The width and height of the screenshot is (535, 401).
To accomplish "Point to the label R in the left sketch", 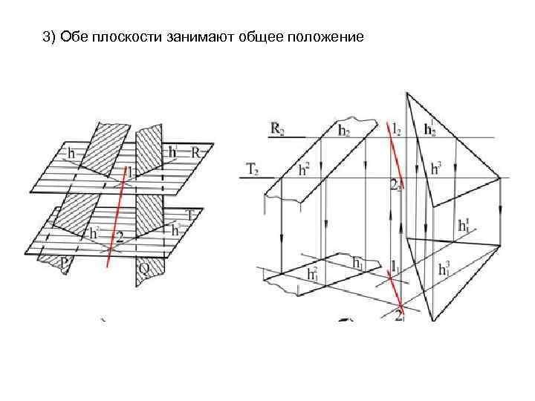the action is pyautogui.click(x=197, y=151).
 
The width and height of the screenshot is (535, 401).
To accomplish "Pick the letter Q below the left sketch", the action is pyautogui.click(x=144, y=267).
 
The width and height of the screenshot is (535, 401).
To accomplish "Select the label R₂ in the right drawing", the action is pyautogui.click(x=276, y=129).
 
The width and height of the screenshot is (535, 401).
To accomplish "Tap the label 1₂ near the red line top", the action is pyautogui.click(x=399, y=129).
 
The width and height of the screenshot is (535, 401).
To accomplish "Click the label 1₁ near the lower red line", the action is pyautogui.click(x=396, y=265).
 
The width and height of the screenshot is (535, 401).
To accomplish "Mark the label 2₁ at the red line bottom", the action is pyautogui.click(x=401, y=316).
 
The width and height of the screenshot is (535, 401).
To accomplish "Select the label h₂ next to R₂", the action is pyautogui.click(x=344, y=131).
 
